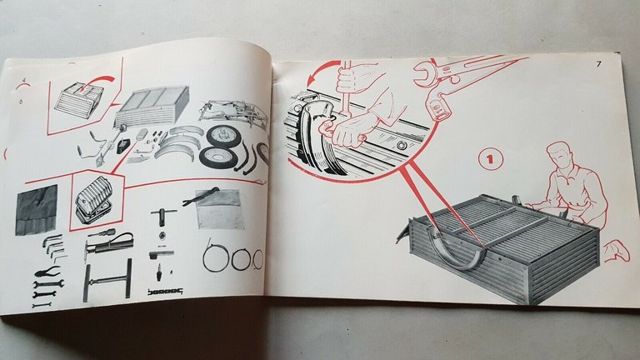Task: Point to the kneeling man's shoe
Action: click(614, 247)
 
